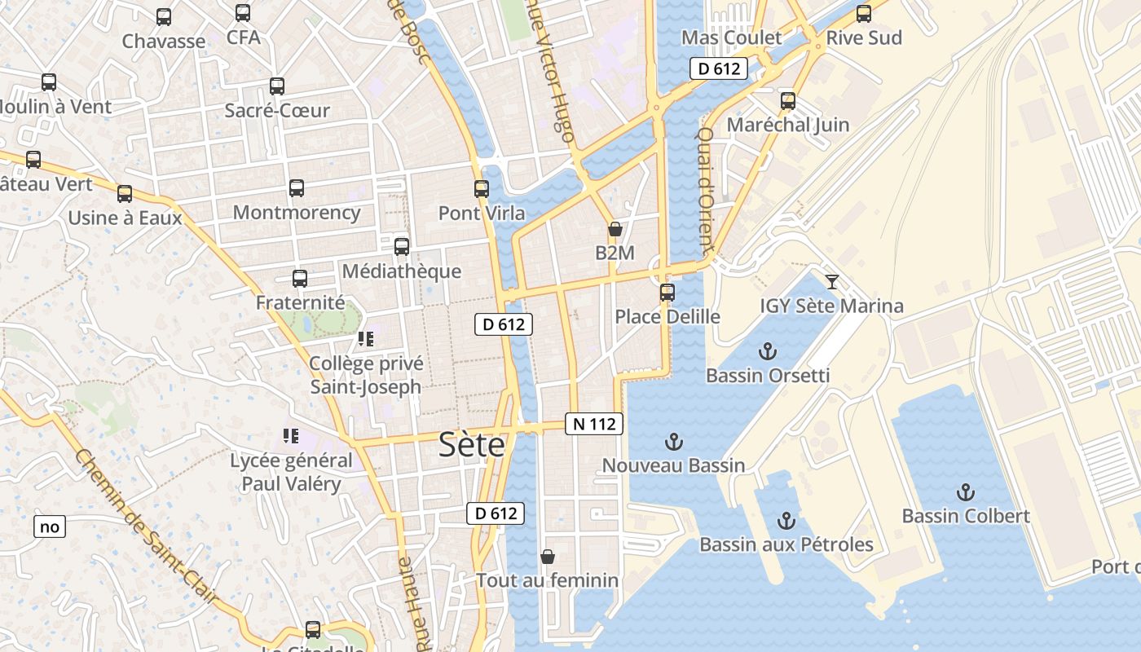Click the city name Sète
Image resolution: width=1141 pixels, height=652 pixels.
(471, 445)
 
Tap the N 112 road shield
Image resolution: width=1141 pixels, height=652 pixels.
(594, 424)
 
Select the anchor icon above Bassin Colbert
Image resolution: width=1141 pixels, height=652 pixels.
(965, 492)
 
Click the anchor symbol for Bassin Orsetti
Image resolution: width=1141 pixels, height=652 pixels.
(767, 351)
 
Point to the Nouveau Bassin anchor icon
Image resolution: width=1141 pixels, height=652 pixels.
(673, 442)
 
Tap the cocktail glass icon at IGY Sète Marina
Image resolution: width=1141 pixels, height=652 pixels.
(831, 282)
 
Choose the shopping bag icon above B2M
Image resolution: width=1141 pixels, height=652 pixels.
(615, 229)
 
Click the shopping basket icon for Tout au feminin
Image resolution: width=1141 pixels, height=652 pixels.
(548, 557)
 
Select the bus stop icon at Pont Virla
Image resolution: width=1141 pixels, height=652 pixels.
(482, 189)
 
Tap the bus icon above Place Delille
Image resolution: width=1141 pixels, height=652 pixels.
(667, 292)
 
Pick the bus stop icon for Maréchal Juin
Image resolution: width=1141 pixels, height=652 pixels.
(787, 101)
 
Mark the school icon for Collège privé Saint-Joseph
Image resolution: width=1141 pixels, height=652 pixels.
(364, 338)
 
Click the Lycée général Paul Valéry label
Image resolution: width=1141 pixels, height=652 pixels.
(291, 472)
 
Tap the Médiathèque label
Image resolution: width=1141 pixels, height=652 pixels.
(402, 271)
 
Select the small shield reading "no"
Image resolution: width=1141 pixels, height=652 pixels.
(50, 526)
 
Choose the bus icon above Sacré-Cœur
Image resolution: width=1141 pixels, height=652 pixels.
(277, 86)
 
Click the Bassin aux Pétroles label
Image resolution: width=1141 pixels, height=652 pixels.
(786, 544)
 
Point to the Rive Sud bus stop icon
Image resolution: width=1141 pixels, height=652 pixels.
(864, 14)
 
